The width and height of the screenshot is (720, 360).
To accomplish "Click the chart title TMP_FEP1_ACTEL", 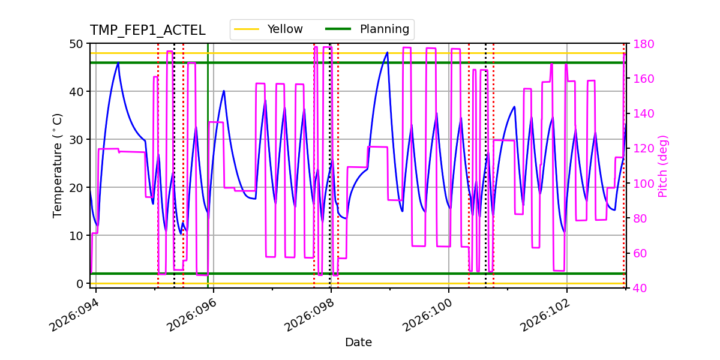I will [148, 31].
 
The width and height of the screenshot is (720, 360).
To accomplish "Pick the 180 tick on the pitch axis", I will [641, 44].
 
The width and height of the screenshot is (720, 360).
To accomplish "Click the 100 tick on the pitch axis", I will [641, 184].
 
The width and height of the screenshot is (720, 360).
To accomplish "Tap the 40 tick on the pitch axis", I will [638, 288].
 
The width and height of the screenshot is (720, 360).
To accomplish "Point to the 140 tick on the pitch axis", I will [641, 114].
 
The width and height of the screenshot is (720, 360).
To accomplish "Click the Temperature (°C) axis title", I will [58, 165].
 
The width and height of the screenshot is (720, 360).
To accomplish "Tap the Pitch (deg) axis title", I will [663, 166].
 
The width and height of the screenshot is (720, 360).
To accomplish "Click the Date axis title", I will [358, 343].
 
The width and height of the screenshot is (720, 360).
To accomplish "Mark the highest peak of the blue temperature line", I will [387, 53].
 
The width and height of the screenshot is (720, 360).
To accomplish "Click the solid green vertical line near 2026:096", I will [208, 180].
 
